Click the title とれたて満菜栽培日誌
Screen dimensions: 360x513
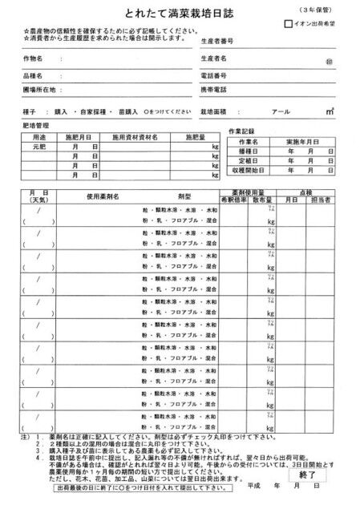(x=180, y=14)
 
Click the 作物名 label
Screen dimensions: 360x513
(x=32, y=59)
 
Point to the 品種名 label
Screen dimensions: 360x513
(x=32, y=75)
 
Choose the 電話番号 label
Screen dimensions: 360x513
(x=213, y=75)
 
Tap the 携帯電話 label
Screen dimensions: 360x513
(x=213, y=89)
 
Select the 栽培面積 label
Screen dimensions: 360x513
(x=214, y=111)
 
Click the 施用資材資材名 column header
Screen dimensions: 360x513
(x=134, y=137)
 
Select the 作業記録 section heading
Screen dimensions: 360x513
(x=241, y=130)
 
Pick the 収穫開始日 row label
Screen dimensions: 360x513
(x=250, y=171)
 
